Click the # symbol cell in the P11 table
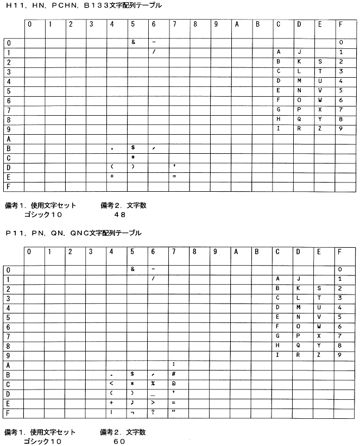(173, 374)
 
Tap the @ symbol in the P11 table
(173, 384)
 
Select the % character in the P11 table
(154, 384)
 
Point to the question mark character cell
(154, 412)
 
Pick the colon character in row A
(173, 364)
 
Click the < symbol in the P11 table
(111, 384)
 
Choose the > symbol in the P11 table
(154, 403)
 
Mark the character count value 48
(120, 215)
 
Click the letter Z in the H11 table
(320, 128)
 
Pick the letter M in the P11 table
(299, 307)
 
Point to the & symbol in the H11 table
(133, 42)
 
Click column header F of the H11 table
(340, 24)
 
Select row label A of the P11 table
(8, 365)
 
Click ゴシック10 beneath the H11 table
(43, 215)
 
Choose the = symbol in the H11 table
(174, 176)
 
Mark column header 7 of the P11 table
(174, 252)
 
